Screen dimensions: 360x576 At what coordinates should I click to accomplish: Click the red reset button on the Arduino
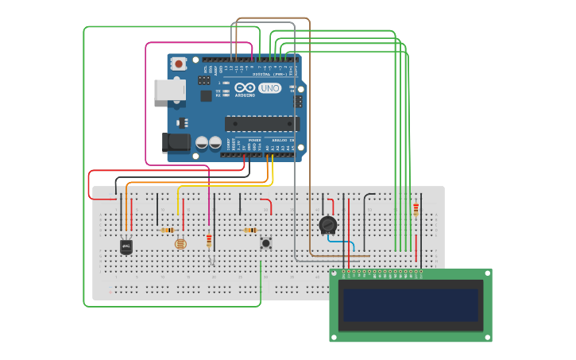click(x=180, y=64)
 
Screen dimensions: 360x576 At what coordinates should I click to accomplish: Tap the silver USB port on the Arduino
click(x=169, y=89)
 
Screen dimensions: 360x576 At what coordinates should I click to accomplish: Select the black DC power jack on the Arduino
click(x=176, y=142)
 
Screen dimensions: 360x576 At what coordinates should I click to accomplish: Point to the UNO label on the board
click(x=270, y=88)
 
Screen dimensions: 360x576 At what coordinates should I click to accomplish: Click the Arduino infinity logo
click(x=245, y=88)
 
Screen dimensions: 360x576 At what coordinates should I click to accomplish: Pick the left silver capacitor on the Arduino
click(x=202, y=143)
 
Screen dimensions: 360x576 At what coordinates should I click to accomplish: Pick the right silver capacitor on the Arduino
click(x=215, y=143)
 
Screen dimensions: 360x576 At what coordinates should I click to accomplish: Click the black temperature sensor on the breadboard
click(x=126, y=247)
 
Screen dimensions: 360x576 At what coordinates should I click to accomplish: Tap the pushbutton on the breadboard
click(x=265, y=242)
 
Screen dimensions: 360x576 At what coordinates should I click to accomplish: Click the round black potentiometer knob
click(x=327, y=225)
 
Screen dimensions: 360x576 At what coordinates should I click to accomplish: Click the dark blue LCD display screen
click(x=411, y=304)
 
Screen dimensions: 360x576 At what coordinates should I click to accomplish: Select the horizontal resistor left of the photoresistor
click(x=167, y=230)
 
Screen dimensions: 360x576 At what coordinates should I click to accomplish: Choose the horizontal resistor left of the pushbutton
click(x=249, y=230)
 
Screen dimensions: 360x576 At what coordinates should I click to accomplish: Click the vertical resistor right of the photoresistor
click(x=209, y=240)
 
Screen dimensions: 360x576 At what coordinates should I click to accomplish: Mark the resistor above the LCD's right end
click(x=416, y=210)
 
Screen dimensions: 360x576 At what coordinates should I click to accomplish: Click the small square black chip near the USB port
click(x=206, y=96)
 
